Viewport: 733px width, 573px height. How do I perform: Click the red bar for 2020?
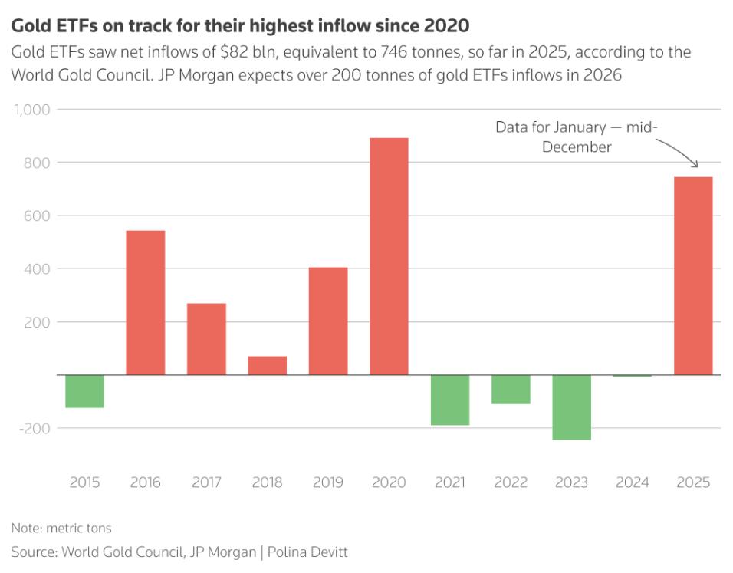[389, 256]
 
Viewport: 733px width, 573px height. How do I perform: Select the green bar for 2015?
[84, 391]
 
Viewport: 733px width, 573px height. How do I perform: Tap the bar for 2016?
[145, 302]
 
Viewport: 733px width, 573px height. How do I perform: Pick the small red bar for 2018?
[267, 365]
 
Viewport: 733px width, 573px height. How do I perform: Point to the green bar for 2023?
[571, 407]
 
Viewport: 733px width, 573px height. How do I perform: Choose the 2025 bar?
[693, 275]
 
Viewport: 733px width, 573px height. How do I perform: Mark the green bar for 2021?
[449, 400]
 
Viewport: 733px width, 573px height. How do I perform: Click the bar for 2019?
[328, 321]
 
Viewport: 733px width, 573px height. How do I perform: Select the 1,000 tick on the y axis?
[32, 110]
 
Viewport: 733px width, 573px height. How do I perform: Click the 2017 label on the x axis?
[206, 482]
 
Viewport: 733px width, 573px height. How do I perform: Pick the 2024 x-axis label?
[633, 482]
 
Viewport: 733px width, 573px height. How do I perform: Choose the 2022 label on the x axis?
[511, 482]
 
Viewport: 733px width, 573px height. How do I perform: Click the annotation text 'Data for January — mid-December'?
[577, 137]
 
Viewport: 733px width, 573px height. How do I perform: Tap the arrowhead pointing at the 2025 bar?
[696, 165]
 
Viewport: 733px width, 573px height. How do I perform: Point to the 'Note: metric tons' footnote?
[61, 528]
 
